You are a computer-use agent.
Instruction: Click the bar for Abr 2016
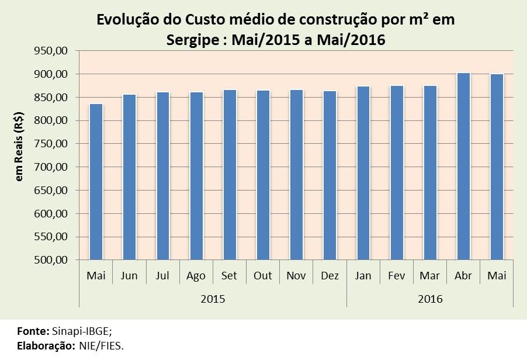tap(463, 167)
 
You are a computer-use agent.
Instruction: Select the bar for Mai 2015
tap(96, 182)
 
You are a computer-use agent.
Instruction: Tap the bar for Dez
tap(330, 175)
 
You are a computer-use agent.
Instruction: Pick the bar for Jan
tap(363, 173)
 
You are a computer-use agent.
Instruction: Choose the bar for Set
tap(229, 175)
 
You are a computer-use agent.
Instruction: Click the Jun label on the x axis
tap(129, 276)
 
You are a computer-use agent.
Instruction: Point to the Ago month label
tap(196, 276)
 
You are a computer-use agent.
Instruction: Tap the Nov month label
tap(296, 276)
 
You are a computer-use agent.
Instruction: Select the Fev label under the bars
tap(397, 276)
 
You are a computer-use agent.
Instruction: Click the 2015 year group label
tap(213, 299)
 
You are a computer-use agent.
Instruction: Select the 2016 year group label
tap(430, 299)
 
